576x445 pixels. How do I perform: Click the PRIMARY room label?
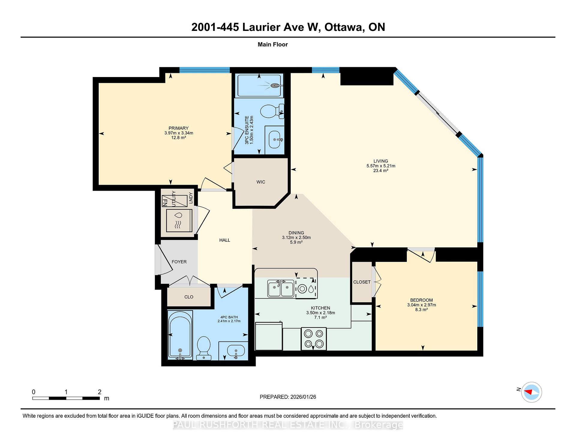tap(178, 128)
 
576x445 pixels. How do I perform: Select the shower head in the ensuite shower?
tap(274, 85)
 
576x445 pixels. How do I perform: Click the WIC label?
tap(261, 182)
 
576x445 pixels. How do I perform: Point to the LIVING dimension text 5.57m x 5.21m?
tap(381, 166)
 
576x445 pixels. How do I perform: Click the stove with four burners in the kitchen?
tap(313, 339)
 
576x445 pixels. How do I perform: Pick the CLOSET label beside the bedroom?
tap(361, 282)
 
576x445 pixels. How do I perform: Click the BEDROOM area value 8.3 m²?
tap(421, 309)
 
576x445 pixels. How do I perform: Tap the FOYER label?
tap(179, 262)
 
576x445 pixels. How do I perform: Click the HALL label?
tap(224, 240)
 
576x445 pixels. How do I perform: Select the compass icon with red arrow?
tap(532, 392)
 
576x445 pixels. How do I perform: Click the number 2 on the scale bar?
tap(100, 392)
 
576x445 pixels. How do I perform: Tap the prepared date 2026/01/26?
tap(303, 397)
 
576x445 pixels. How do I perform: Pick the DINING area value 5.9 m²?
tap(296, 242)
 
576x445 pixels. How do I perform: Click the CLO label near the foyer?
tap(189, 297)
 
